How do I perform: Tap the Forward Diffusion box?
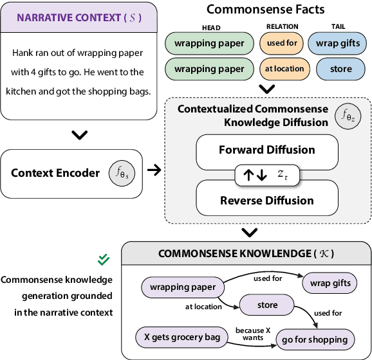(267, 150)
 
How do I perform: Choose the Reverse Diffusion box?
(267, 201)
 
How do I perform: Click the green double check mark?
(103, 260)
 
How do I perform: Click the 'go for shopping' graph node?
(315, 339)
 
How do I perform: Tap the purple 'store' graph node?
(266, 305)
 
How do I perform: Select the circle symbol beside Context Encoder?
(123, 174)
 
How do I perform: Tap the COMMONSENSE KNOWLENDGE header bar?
(246, 254)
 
